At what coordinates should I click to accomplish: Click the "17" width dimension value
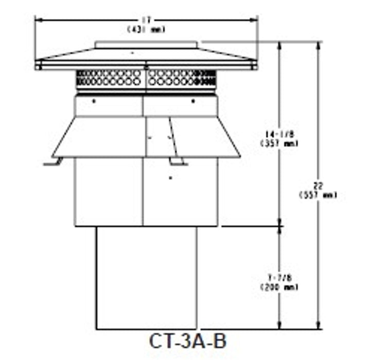pos(146,21)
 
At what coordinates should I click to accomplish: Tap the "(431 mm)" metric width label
pos(146,29)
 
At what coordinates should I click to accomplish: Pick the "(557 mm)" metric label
pos(318,195)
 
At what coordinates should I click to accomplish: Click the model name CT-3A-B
pos(187,341)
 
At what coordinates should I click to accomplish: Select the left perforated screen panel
pos(109,78)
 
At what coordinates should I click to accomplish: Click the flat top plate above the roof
pos(146,45)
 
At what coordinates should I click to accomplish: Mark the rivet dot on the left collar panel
pos(94,101)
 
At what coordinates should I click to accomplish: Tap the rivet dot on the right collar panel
pos(193,101)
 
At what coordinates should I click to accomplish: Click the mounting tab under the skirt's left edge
pos(53,163)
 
